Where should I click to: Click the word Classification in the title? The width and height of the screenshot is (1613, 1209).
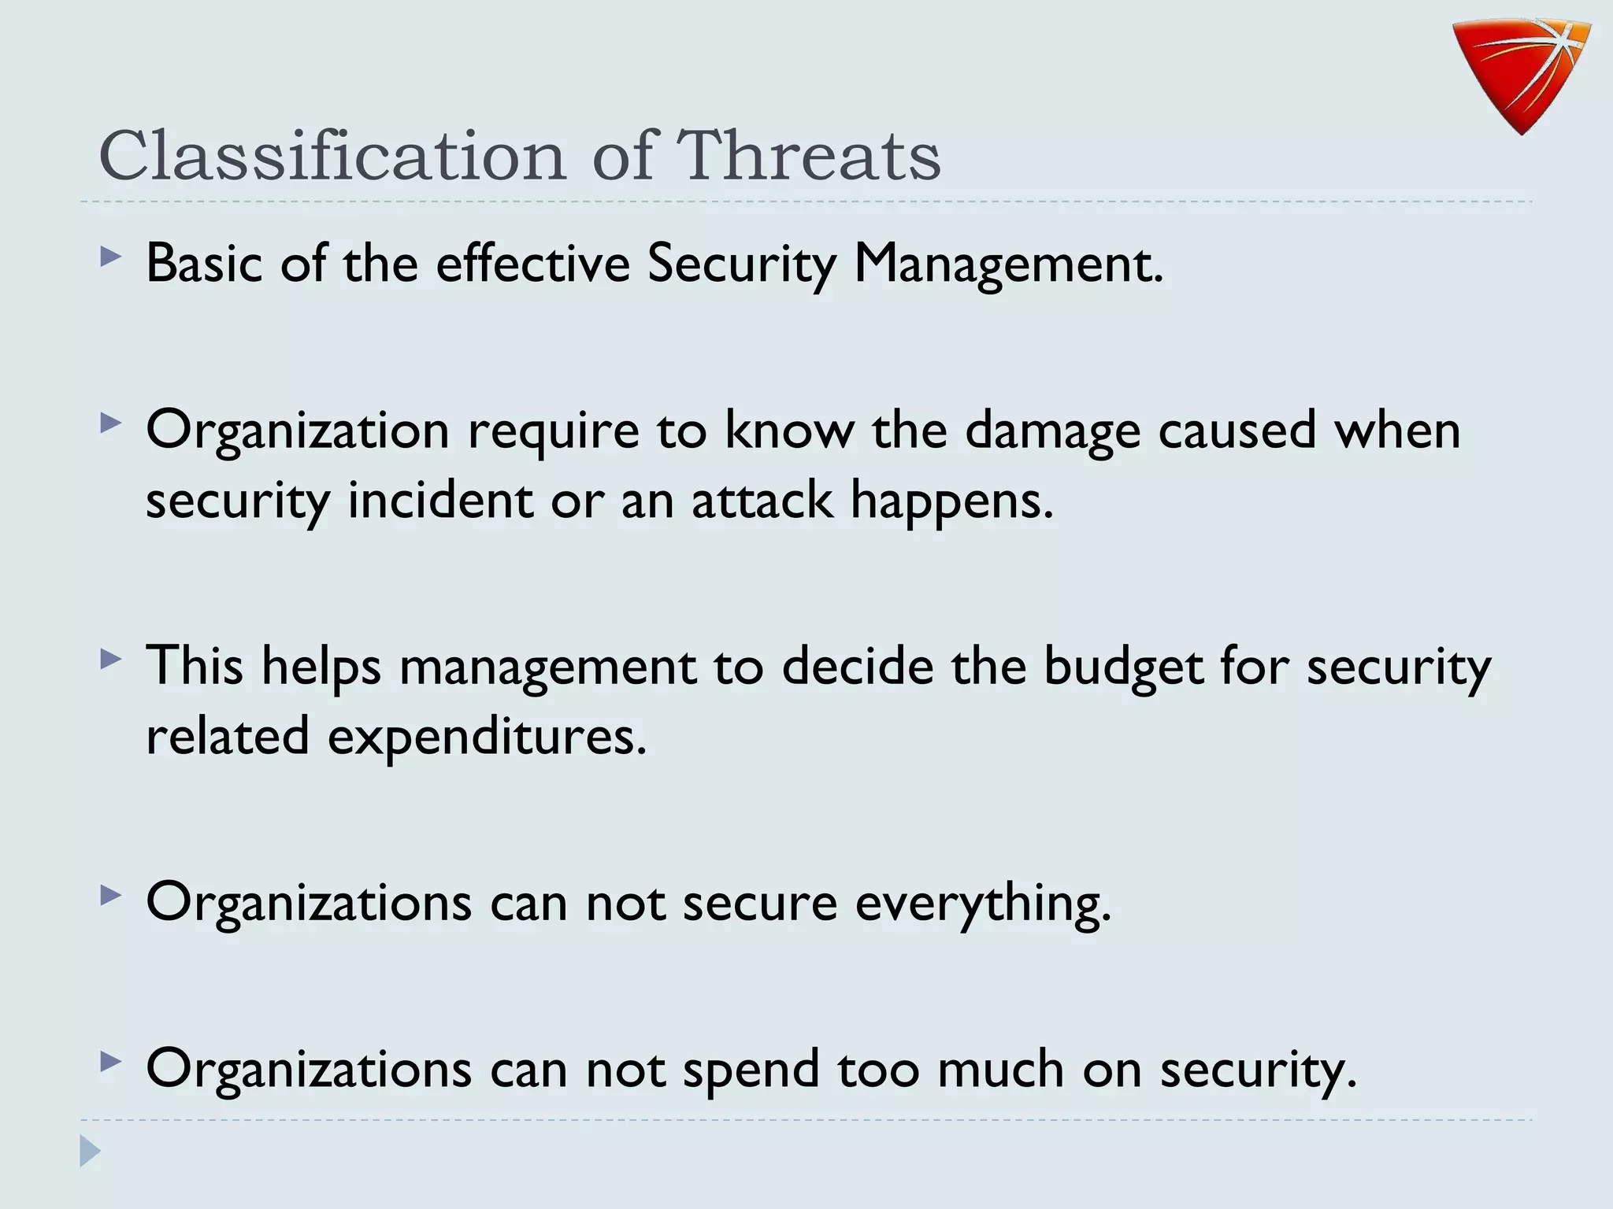click(332, 155)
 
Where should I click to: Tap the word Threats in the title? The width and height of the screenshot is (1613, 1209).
click(809, 155)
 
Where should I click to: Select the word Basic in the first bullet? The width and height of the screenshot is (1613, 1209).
click(204, 263)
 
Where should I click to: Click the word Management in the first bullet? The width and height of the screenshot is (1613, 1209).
click(1008, 264)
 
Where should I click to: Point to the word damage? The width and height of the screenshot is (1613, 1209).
click(1052, 431)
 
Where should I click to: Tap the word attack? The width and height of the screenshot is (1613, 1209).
click(762, 501)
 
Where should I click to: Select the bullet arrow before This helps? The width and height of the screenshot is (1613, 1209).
click(111, 659)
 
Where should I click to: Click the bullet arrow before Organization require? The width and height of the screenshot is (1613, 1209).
click(111, 423)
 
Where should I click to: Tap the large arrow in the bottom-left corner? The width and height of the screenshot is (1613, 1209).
click(90, 1151)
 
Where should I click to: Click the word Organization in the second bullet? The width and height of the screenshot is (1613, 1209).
click(298, 431)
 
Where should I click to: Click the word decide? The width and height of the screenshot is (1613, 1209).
click(857, 666)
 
